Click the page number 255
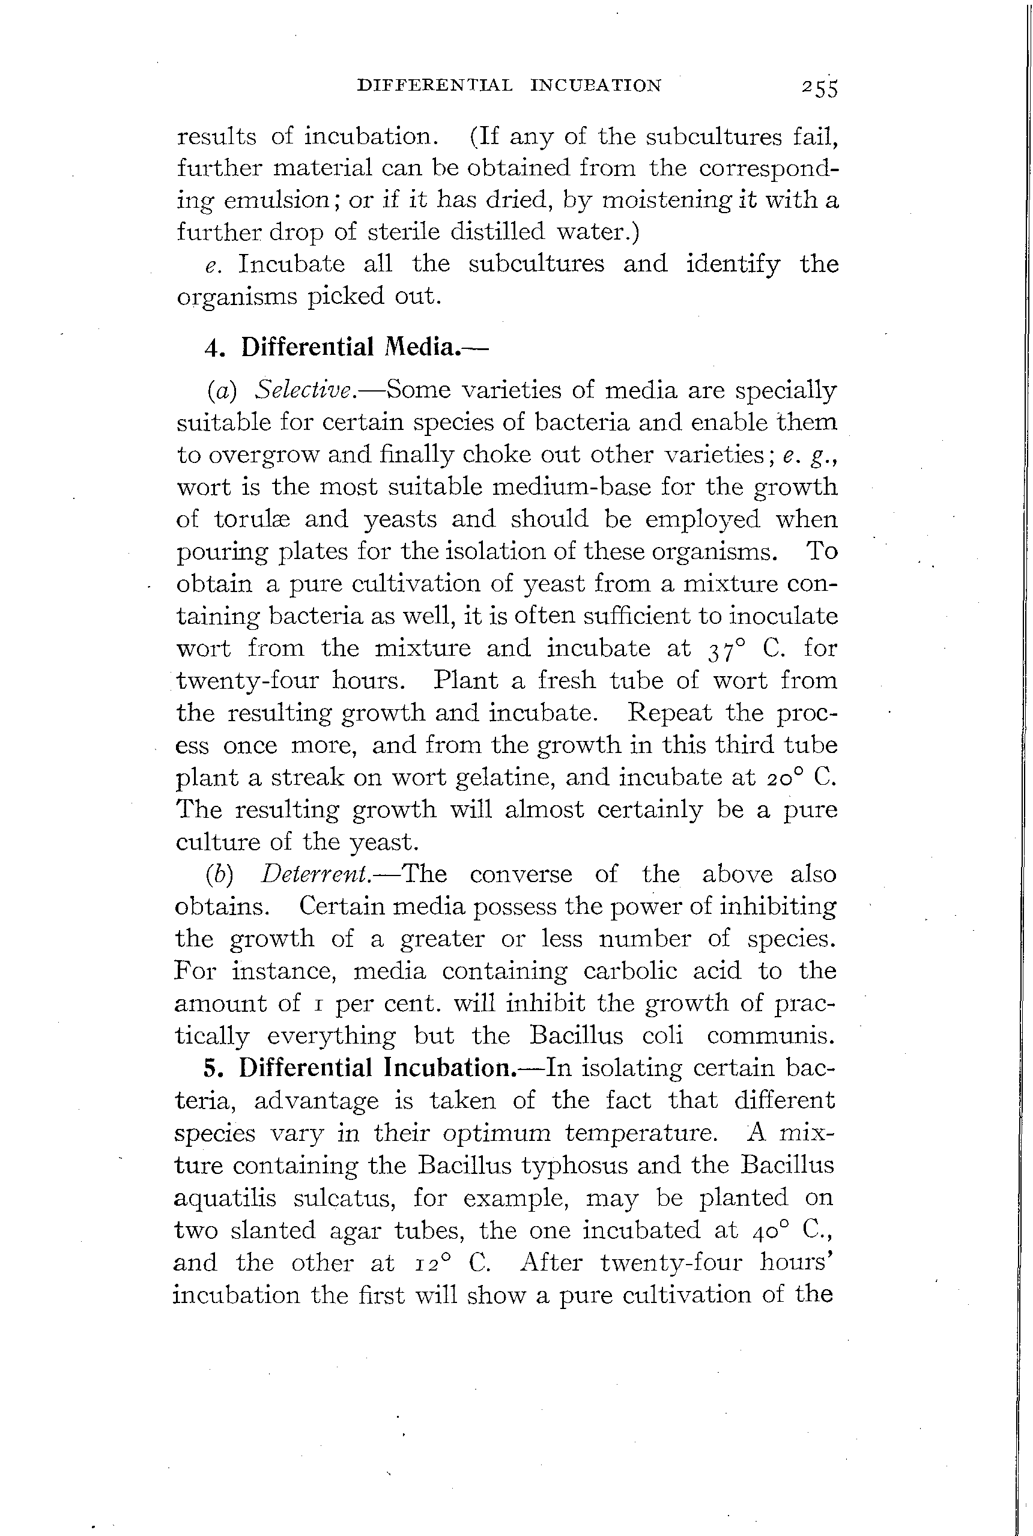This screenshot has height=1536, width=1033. [820, 87]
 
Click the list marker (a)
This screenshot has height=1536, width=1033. [222, 390]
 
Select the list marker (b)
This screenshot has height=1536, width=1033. [219, 874]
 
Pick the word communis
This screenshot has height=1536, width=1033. [771, 1035]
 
